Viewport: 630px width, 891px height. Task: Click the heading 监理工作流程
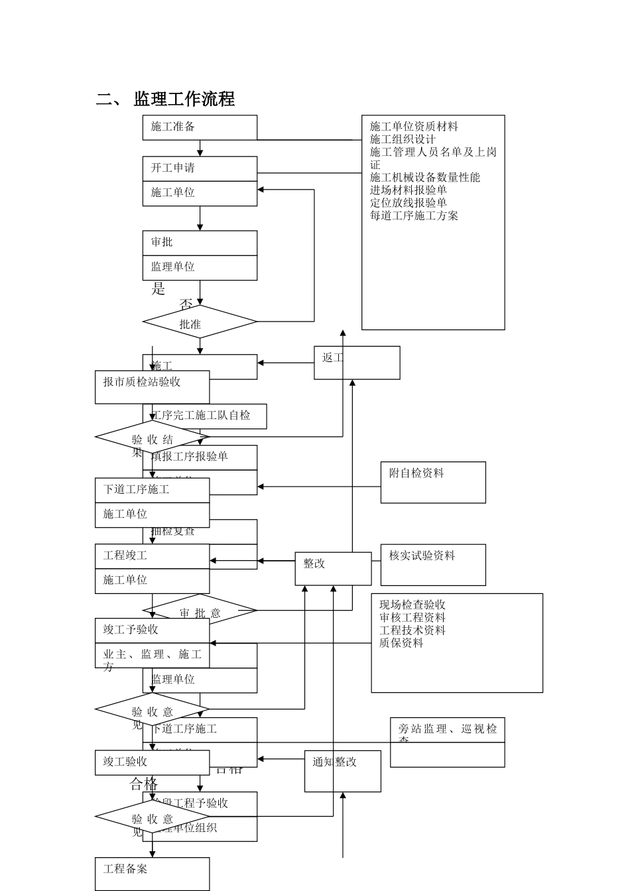(x=184, y=99)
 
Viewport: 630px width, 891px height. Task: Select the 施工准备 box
(x=200, y=127)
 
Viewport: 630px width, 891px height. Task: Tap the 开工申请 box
(x=200, y=168)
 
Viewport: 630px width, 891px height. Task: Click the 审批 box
(x=200, y=243)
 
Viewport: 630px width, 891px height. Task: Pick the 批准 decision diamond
(x=199, y=323)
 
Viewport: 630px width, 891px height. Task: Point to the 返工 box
(x=357, y=363)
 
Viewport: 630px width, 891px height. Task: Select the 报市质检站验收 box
(x=152, y=386)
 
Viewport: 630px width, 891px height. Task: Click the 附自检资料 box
(x=433, y=482)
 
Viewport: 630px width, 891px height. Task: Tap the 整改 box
(x=333, y=569)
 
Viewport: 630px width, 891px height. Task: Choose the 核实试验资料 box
(x=433, y=564)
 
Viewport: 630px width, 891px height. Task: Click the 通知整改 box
(x=342, y=770)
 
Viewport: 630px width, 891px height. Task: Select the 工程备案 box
(x=152, y=873)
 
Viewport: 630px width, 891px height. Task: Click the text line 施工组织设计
(x=403, y=139)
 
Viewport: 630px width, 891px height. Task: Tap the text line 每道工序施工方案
(x=414, y=215)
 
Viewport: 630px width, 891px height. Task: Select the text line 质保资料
(x=401, y=642)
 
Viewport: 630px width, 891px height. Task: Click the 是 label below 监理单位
(x=158, y=289)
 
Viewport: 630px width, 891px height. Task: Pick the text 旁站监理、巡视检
(x=447, y=729)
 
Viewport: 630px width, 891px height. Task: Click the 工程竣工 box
(x=152, y=556)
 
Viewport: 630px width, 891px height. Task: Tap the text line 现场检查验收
(x=412, y=605)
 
